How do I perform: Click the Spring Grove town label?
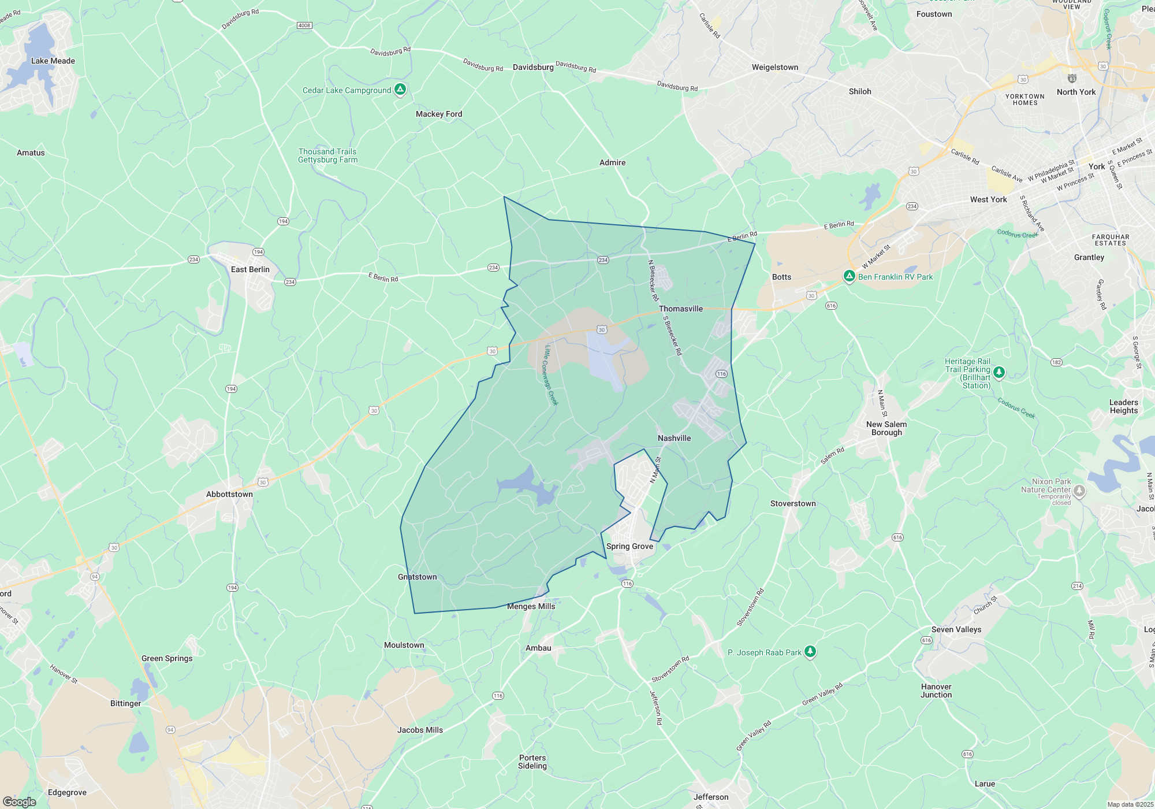pyautogui.click(x=629, y=546)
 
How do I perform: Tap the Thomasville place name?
pyautogui.click(x=681, y=309)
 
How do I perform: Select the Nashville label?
pyautogui.click(x=674, y=438)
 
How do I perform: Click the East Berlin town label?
pyautogui.click(x=250, y=269)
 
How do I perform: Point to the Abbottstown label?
pyautogui.click(x=229, y=494)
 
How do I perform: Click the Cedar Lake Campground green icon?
pyautogui.click(x=400, y=90)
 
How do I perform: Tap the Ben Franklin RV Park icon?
pyautogui.click(x=849, y=276)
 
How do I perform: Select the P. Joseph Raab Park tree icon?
pyautogui.click(x=810, y=652)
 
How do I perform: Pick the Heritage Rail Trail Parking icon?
pyautogui.click(x=999, y=372)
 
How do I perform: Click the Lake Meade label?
pyautogui.click(x=53, y=61)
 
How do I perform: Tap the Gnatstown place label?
pyautogui.click(x=417, y=577)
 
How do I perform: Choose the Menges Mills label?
pyautogui.click(x=531, y=606)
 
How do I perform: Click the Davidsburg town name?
pyautogui.click(x=533, y=67)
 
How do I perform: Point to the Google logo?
pyautogui.click(x=19, y=802)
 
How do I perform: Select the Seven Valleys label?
pyautogui.click(x=956, y=629)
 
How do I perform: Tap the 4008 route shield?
pyautogui.click(x=304, y=25)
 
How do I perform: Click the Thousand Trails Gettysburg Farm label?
pyautogui.click(x=327, y=155)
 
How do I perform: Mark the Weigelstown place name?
pyautogui.click(x=774, y=67)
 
